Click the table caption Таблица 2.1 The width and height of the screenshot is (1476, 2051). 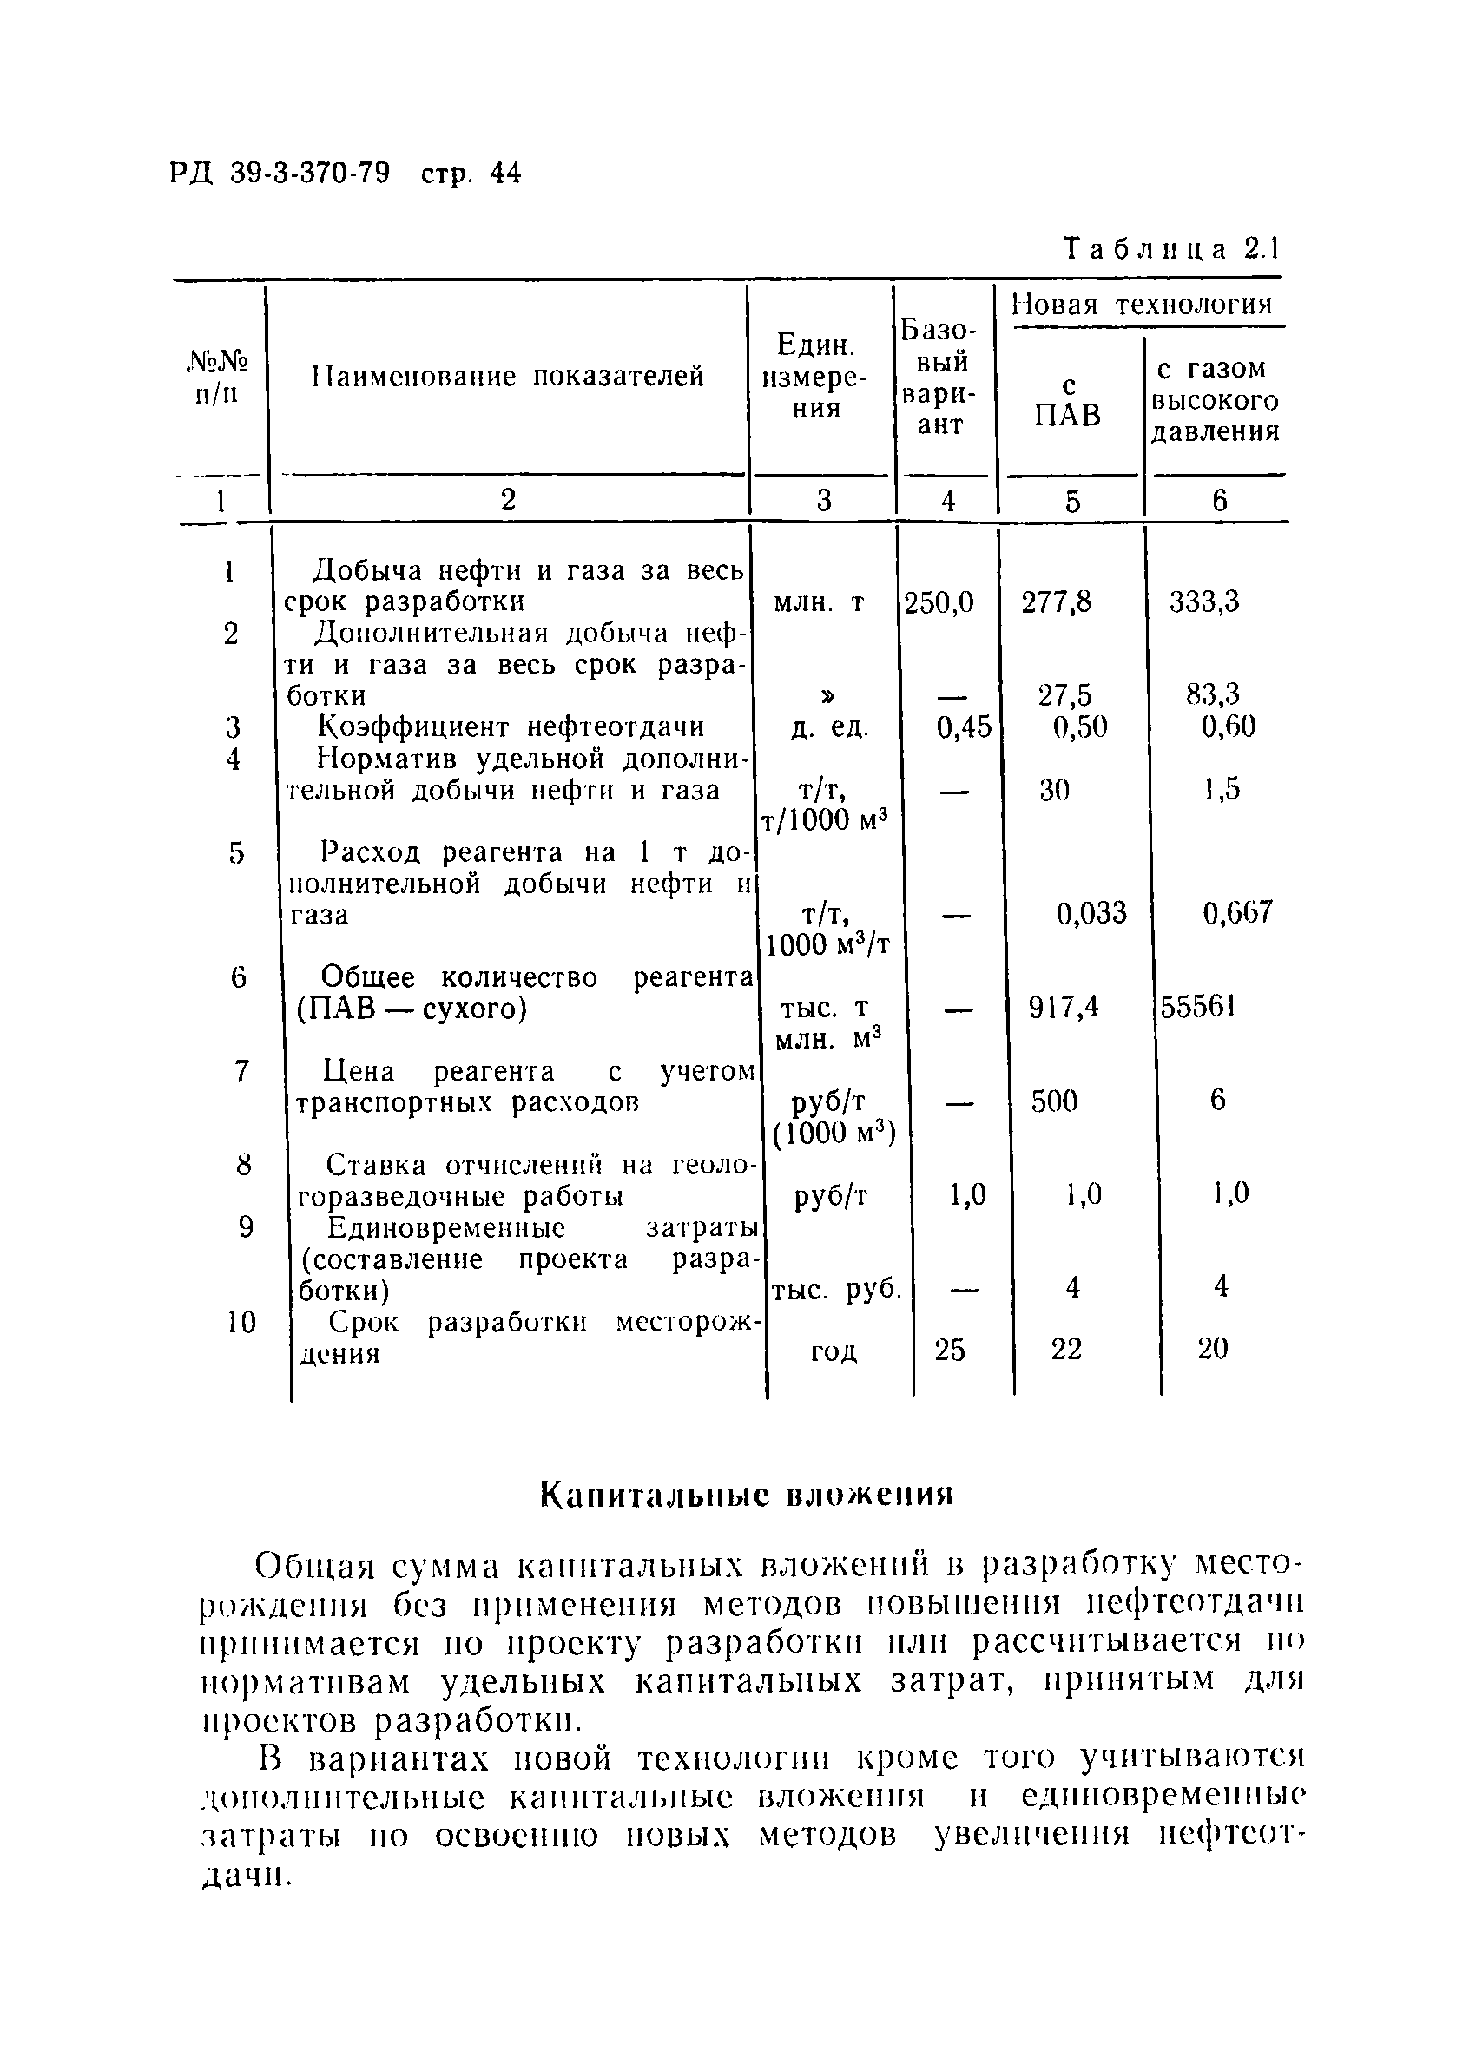pyautogui.click(x=1171, y=250)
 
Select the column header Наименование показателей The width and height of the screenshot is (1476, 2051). pyautogui.click(x=507, y=376)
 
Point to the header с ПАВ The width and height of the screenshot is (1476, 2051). pyautogui.click(x=1068, y=402)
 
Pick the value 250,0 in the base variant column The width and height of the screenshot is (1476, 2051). pyautogui.click(x=939, y=602)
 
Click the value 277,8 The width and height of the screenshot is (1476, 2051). pyautogui.click(x=1057, y=602)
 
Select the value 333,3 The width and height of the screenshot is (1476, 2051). pyautogui.click(x=1203, y=602)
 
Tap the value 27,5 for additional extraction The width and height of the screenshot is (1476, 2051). pyautogui.click(x=1064, y=694)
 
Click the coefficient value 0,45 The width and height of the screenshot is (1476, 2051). pyautogui.click(x=963, y=727)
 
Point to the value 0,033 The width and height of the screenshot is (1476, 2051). pyautogui.click(x=1091, y=913)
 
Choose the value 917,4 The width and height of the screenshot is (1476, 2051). pyautogui.click(x=1064, y=1007)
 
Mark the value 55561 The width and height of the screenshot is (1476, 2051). pyautogui.click(x=1198, y=1007)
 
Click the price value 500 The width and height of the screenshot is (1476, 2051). pyautogui.click(x=1055, y=1101)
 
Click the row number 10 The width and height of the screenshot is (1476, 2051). pyautogui.click(x=241, y=1323)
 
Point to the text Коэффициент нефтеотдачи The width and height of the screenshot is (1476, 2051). pyautogui.click(x=511, y=727)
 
